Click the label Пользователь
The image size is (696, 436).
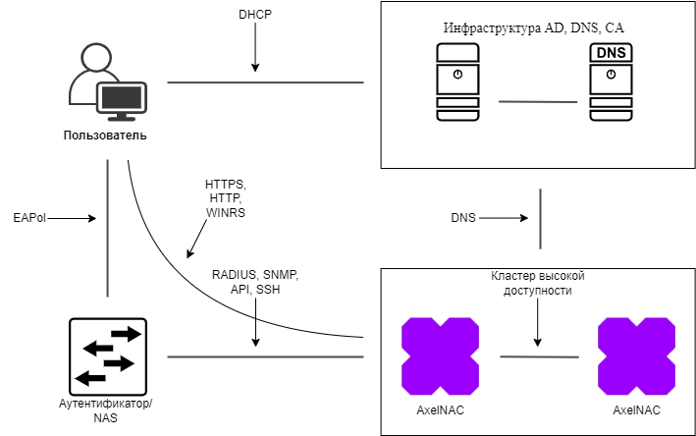pos(105,135)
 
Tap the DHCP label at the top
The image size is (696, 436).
pos(255,16)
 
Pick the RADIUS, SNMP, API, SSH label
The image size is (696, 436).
pos(255,282)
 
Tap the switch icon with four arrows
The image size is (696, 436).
pos(107,354)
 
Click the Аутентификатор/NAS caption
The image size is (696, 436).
pos(107,410)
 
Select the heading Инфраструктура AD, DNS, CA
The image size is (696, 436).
pos(533,28)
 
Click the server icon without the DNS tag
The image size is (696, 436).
pos(457,82)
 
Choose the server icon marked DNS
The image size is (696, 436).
pos(611,82)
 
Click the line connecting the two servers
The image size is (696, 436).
pos(537,101)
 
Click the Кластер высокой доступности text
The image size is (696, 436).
pos(537,283)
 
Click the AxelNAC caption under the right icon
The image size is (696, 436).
pos(636,409)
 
